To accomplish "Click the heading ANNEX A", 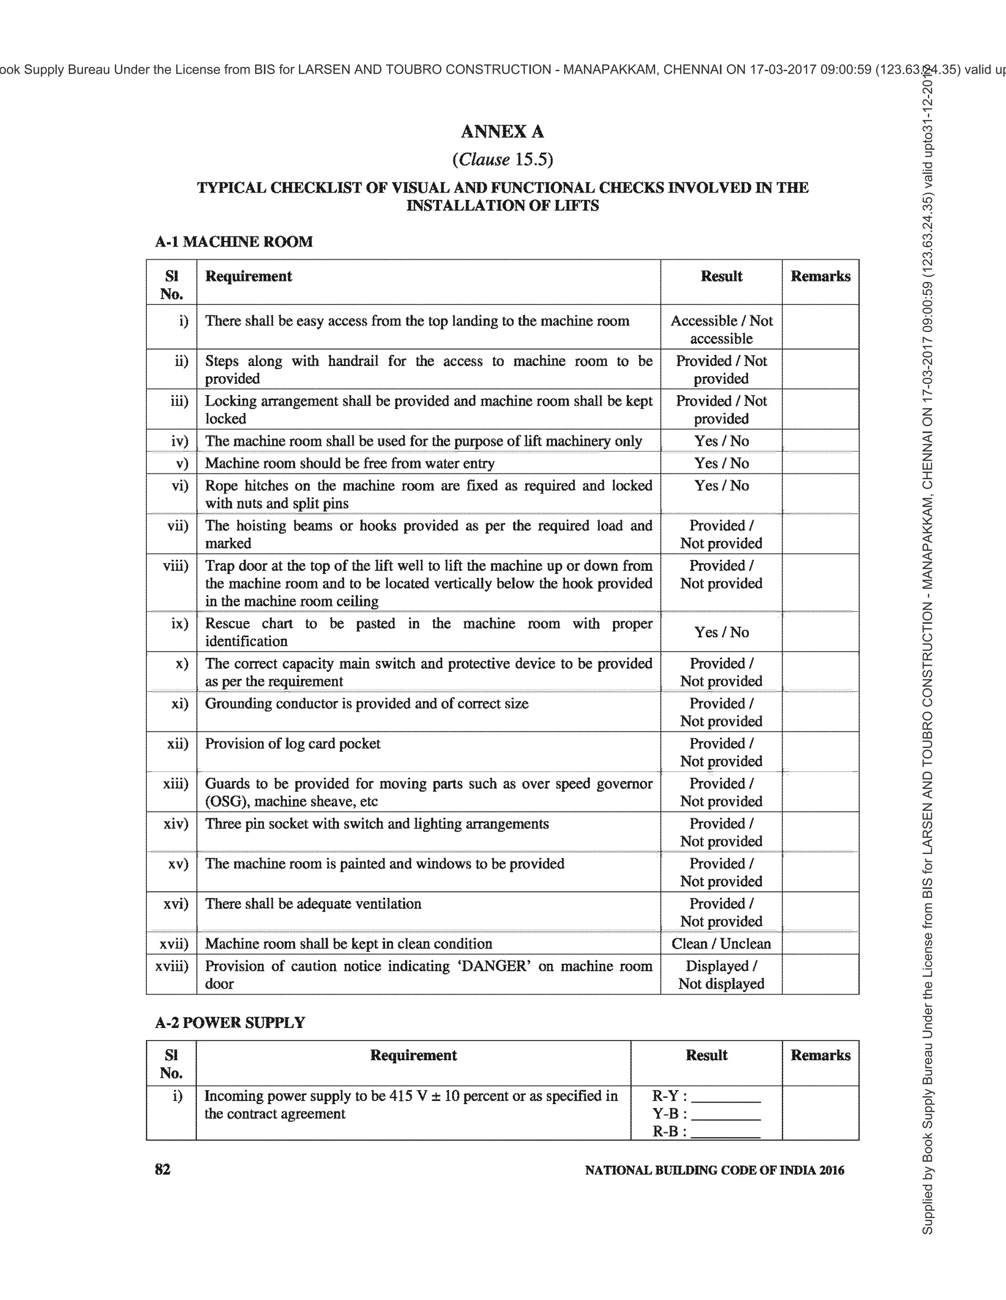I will (x=503, y=132).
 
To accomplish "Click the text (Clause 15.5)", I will (x=503, y=160).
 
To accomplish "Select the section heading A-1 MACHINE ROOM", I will (x=233, y=242).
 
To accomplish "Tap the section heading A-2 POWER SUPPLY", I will (x=230, y=1023).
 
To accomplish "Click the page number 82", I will (x=163, y=1170).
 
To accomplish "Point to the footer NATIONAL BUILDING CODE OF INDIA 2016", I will (x=714, y=1170).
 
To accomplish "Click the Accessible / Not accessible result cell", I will (x=721, y=329).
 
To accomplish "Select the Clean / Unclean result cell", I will (x=721, y=943).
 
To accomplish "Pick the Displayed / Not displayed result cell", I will (x=721, y=974).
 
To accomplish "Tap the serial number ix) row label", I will (x=179, y=623).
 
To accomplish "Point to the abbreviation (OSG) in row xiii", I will (x=226, y=801).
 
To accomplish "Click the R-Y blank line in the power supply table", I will (x=726, y=1097).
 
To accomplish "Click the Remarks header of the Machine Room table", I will (x=820, y=276).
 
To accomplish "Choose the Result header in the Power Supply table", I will (x=706, y=1055).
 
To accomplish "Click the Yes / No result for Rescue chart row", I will (x=721, y=632).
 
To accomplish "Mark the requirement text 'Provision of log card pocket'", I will (x=292, y=744).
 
